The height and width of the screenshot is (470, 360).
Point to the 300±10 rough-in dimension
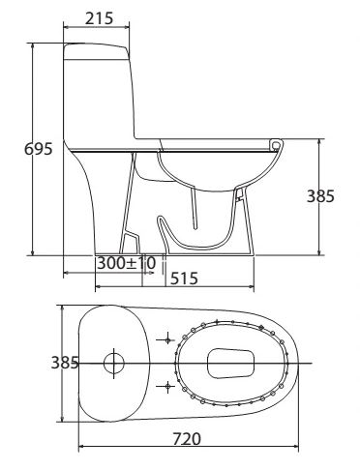pos(126,263)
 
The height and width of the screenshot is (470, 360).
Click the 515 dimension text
pos(184,279)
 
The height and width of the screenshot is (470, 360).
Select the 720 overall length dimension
pos(186,438)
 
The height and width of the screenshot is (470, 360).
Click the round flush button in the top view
pos(114,364)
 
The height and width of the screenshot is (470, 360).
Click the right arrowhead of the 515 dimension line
pos(254,287)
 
